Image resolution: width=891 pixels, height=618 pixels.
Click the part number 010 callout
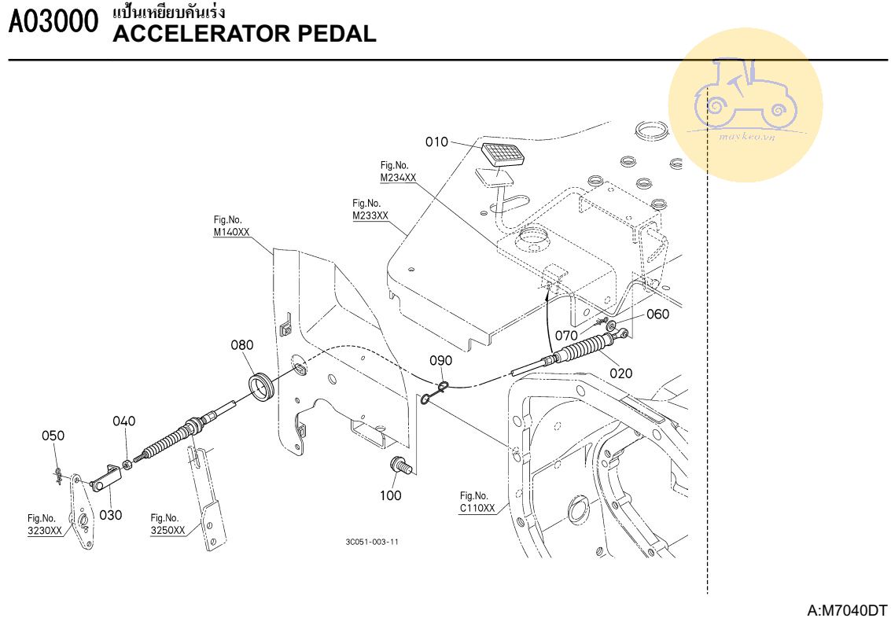click(436, 142)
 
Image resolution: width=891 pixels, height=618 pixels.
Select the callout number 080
click(242, 345)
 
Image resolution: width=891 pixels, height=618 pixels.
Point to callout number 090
click(440, 361)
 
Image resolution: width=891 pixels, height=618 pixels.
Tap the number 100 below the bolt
click(391, 495)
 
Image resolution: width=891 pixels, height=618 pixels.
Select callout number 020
click(621, 373)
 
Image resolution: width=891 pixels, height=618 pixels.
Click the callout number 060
click(657, 315)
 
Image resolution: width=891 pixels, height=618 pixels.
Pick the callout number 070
click(567, 335)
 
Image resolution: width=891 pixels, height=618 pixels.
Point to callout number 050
click(53, 436)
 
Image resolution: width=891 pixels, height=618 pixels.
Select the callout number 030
click(111, 517)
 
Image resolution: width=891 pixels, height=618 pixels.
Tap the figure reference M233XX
click(370, 215)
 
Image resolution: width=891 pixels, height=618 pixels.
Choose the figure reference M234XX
click(398, 178)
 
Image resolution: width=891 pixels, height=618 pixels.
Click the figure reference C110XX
click(477, 508)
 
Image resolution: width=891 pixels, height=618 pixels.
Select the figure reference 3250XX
click(168, 530)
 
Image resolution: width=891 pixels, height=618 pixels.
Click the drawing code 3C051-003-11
click(371, 542)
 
